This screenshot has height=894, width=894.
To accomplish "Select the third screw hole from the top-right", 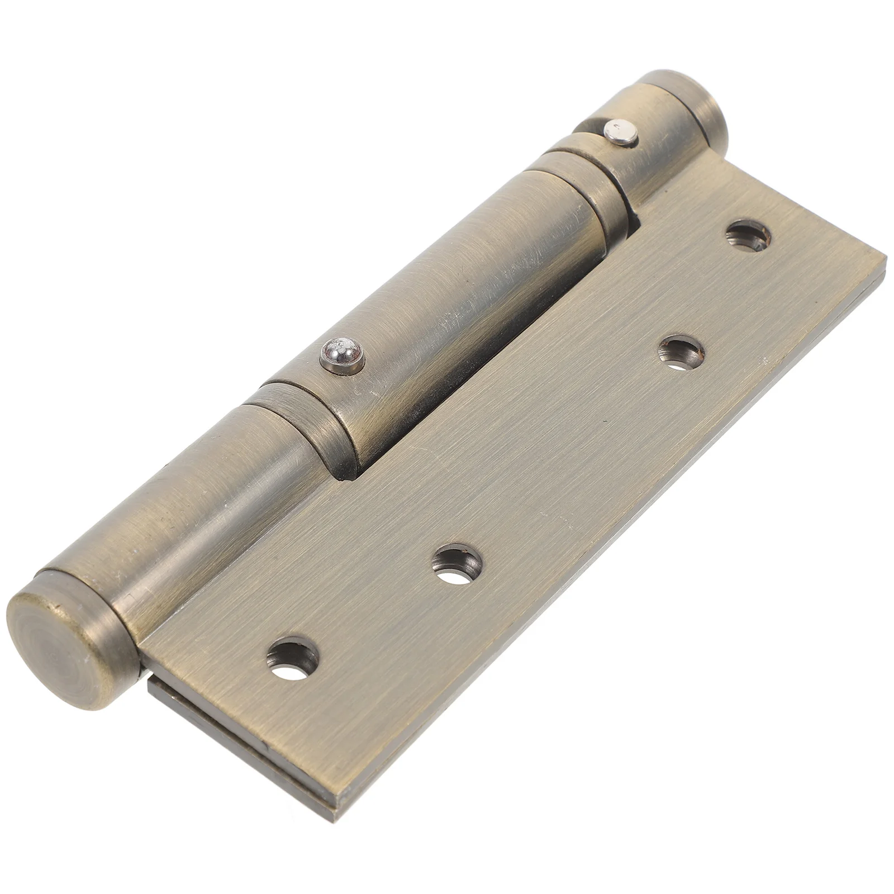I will [x=458, y=563].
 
